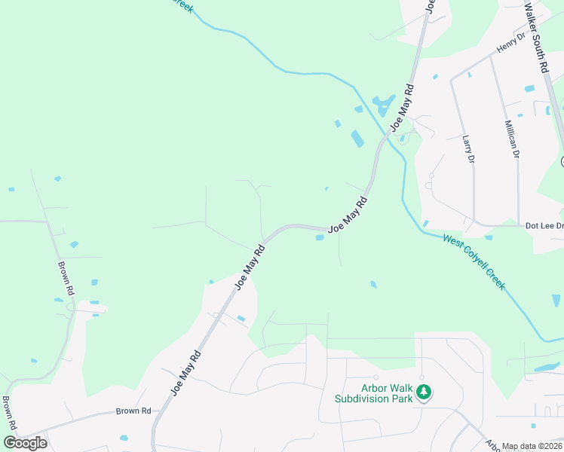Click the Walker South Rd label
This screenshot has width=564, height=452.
tap(539, 35)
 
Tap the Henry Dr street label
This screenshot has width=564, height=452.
tap(510, 44)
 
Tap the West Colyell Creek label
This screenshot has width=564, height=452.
tap(474, 261)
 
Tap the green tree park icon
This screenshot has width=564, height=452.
tap(424, 392)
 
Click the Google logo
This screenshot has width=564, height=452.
tap(25, 443)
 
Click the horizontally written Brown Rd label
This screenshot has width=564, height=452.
tap(133, 411)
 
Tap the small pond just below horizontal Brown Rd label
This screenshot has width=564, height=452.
tap(124, 437)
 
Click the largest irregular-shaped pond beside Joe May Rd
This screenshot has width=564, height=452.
tap(384, 103)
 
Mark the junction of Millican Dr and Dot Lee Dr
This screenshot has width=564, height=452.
tap(519, 224)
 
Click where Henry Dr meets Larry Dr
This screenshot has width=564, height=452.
tap(452, 78)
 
